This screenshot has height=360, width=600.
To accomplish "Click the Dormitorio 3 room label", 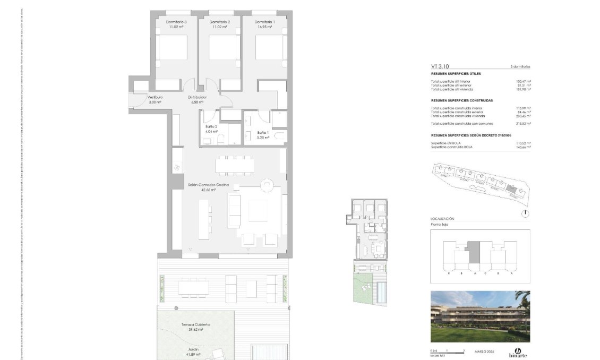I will coord(177,22).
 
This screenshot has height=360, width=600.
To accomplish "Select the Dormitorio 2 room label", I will coord(220,22).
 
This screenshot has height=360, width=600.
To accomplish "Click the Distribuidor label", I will coord(197,98).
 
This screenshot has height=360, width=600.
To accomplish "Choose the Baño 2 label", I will coord(211,127).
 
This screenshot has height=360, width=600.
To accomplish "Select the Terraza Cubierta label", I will coord(196,324).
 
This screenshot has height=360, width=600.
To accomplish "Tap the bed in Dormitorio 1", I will coord(270,47).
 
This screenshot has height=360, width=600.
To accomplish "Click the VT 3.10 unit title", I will coord(440,67).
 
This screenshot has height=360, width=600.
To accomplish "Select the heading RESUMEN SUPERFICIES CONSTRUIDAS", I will coord(461,100).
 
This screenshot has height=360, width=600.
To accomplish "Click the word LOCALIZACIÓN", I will coord(442,219).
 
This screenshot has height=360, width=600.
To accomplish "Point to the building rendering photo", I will coord(480,316).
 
